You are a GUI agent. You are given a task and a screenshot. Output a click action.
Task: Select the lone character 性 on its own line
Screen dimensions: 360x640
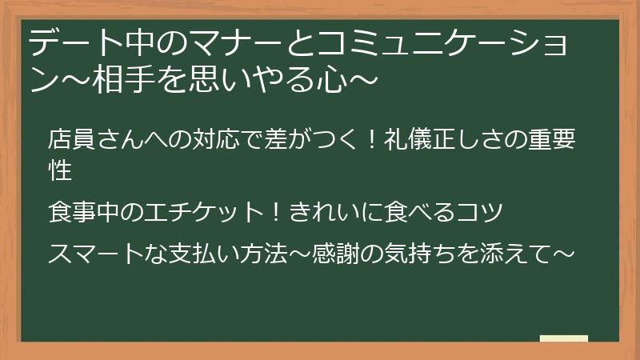pyautogui.click(x=61, y=170)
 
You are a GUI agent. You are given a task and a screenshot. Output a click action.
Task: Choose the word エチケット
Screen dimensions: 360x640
pyautogui.click(x=204, y=213)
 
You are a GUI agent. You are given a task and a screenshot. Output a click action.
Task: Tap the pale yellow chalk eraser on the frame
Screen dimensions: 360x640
pyautogui.click(x=564, y=338)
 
